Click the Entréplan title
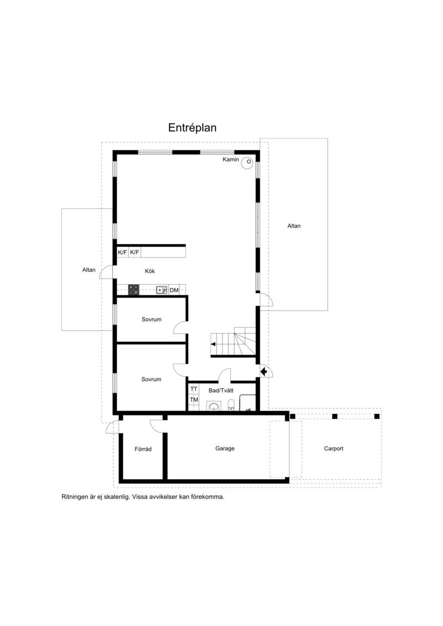[192, 128]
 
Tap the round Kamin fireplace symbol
[248, 162]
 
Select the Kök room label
[150, 271]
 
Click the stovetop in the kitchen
[133, 290]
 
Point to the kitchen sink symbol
[162, 290]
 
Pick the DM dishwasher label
[174, 290]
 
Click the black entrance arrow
[264, 372]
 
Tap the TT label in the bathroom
[194, 389]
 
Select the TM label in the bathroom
[194, 399]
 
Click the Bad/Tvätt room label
[221, 391]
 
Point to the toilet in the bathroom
[231, 404]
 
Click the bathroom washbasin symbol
[214, 407]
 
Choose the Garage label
[225, 448]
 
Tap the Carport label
[334, 448]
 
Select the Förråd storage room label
[143, 449]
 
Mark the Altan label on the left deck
[89, 270]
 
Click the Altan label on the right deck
[294, 226]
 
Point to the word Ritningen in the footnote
[75, 497]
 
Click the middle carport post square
[335, 417]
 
